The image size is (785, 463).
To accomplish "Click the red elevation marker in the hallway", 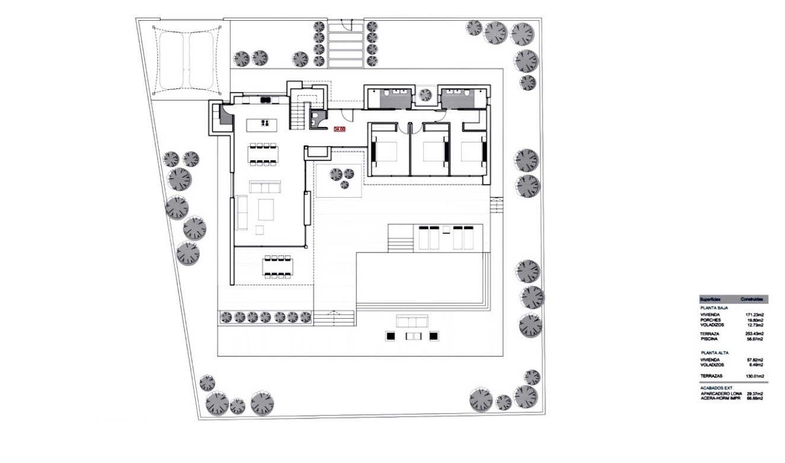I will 340,128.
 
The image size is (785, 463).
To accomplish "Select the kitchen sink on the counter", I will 266,100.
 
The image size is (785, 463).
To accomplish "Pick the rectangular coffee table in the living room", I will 266,210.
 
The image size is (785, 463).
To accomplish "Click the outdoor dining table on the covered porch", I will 277,266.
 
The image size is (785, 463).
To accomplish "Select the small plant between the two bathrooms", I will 425,94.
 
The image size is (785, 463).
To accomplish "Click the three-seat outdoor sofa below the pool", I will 413,322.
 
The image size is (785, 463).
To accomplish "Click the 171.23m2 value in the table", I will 754,315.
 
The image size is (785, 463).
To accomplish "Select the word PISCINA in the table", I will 709,339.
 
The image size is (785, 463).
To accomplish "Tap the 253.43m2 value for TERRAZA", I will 754,334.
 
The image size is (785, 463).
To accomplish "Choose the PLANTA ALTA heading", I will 714,353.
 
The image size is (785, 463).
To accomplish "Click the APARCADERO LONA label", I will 721,394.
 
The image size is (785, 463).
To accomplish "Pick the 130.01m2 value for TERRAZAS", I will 754,376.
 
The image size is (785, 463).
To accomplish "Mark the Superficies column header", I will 710,300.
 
